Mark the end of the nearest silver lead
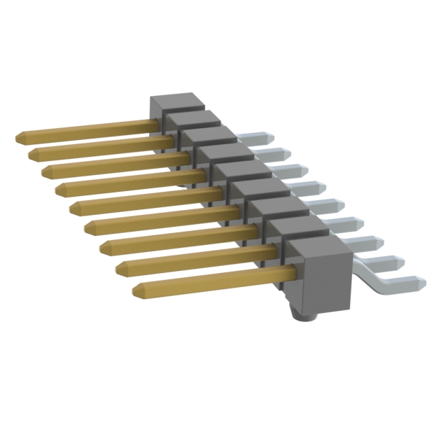(420, 283)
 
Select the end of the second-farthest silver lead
(286, 153)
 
